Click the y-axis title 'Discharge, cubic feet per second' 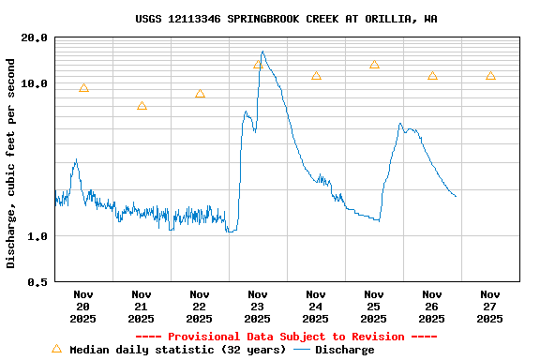click(x=11, y=163)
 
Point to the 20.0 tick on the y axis click(x=35, y=37)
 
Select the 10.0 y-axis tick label click(x=35, y=83)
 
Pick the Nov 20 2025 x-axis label click(x=83, y=307)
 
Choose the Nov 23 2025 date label click(x=258, y=307)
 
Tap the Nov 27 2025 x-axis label click(x=490, y=307)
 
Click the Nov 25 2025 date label click(x=374, y=307)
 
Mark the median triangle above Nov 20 click(x=83, y=88)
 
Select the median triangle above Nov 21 click(x=142, y=106)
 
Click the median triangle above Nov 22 click(x=200, y=94)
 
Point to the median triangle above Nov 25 click(x=374, y=65)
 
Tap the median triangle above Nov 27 click(x=490, y=76)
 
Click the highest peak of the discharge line click(x=262, y=52)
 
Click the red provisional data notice click(x=286, y=337)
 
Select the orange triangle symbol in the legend click(x=56, y=349)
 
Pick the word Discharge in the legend click(x=344, y=350)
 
